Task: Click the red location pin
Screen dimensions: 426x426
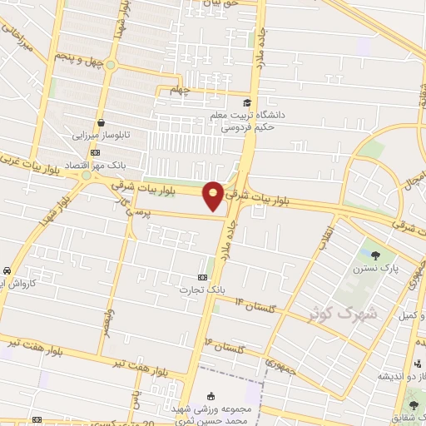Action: click(x=214, y=196)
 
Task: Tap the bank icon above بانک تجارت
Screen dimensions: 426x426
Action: click(x=202, y=276)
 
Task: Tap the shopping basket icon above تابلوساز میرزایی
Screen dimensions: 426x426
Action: click(x=100, y=121)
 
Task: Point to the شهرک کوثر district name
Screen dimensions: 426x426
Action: click(x=343, y=313)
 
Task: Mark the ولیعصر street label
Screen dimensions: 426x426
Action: click(x=108, y=320)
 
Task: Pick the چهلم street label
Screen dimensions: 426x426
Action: click(x=180, y=89)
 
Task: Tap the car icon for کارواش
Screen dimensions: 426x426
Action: click(x=7, y=271)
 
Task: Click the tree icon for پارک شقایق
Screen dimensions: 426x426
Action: click(x=414, y=405)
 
